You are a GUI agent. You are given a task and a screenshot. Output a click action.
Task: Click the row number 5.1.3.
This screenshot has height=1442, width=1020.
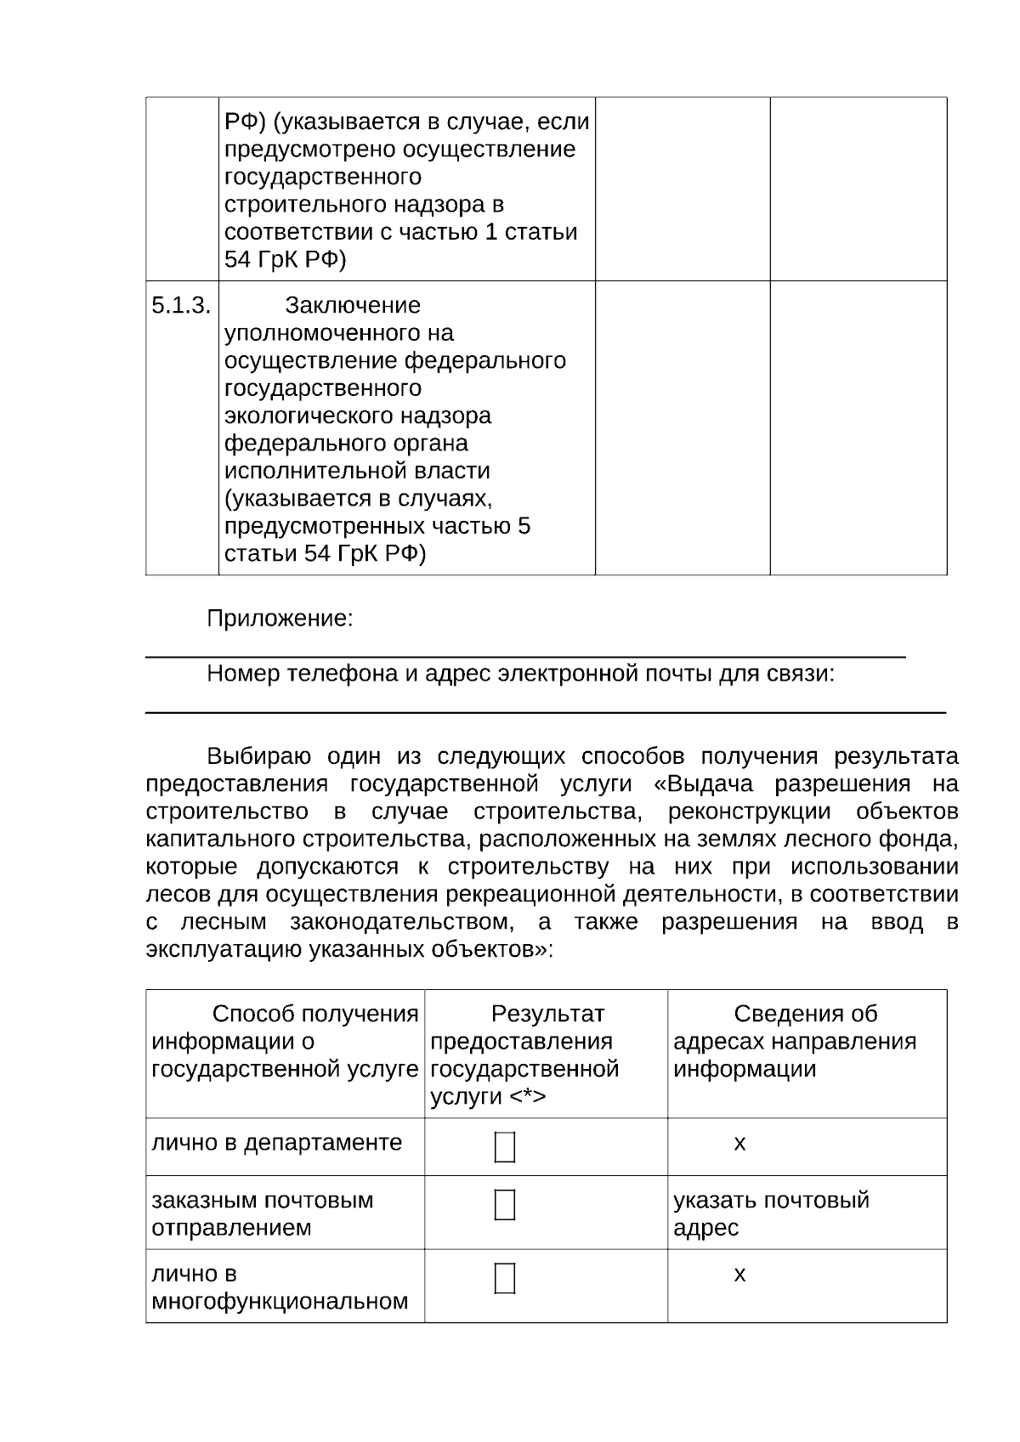180,305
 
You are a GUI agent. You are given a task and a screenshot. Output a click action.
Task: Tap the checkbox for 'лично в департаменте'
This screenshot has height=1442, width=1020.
504,1147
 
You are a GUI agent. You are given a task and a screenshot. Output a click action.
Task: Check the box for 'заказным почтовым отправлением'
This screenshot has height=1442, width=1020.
504,1205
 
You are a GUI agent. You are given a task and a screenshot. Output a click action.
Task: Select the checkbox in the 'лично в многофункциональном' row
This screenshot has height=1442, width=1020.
504,1278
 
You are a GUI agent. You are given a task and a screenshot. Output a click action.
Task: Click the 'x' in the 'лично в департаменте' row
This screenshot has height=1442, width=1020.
739,1144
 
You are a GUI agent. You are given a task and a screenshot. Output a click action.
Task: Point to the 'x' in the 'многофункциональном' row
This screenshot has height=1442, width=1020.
739,1275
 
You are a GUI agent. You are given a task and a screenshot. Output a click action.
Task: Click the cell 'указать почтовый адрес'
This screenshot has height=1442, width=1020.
771,1213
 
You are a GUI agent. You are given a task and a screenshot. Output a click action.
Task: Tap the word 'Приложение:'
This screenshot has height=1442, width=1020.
280,619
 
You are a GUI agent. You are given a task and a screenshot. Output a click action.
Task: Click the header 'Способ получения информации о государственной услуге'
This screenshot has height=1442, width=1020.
285,1041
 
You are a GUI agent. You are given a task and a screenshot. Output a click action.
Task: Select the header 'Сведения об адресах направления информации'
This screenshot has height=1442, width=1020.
795,1041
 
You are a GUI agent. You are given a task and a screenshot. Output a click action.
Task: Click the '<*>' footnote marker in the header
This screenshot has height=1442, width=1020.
528,1097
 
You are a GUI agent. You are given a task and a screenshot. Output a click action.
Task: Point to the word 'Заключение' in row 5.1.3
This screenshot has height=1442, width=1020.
353,305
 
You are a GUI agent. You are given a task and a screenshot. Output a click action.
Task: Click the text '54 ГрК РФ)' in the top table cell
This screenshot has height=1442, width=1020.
286,260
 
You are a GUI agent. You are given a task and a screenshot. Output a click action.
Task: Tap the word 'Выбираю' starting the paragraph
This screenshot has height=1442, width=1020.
259,756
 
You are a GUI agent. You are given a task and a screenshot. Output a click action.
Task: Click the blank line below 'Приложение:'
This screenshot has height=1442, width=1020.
525,655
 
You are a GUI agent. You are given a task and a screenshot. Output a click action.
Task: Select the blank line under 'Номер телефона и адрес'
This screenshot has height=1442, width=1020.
545,710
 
